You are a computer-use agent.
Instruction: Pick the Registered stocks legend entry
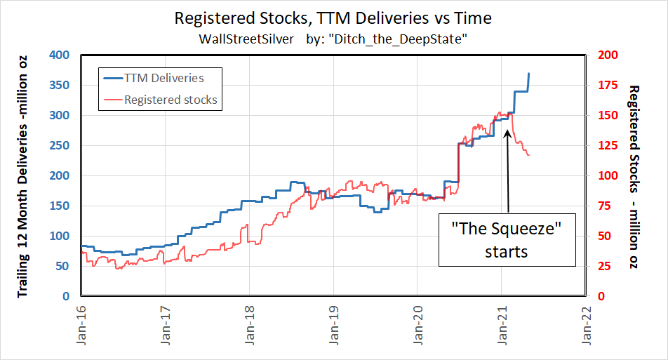[171, 100]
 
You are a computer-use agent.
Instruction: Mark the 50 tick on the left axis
[62, 266]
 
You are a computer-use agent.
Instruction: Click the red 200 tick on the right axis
[606, 55]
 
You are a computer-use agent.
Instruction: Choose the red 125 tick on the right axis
[606, 145]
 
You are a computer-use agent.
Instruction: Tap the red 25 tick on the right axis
[602, 266]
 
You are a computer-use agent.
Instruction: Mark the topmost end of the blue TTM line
[529, 73]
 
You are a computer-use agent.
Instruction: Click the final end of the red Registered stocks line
[529, 155]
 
